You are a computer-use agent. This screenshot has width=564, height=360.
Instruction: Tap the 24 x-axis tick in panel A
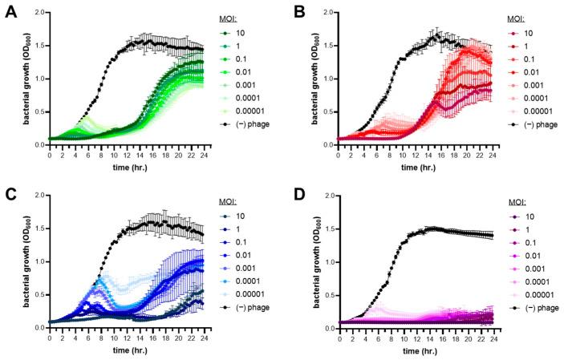coord(201,155)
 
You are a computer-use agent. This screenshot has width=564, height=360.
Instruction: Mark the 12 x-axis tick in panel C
coord(125,338)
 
